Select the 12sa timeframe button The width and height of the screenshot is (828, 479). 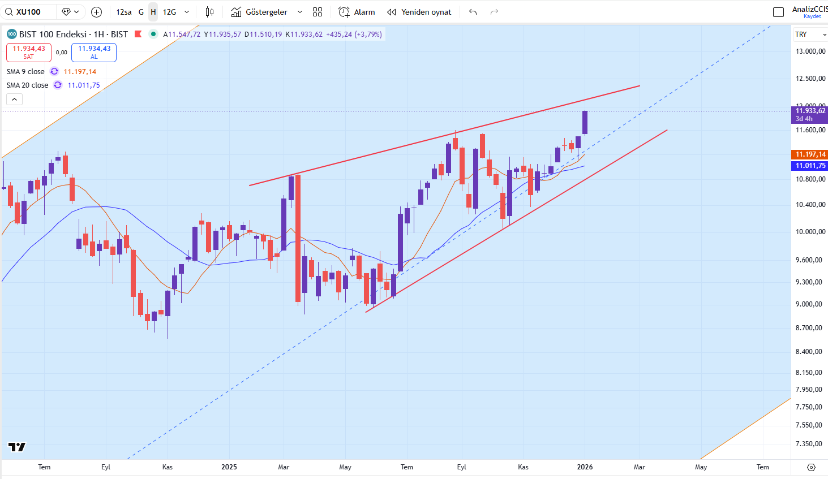123,12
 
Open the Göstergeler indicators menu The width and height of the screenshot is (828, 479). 266,12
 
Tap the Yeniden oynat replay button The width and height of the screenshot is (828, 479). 419,12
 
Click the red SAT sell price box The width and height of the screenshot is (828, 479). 29,52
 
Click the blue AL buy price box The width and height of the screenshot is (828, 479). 94,52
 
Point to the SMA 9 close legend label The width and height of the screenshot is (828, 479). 25,72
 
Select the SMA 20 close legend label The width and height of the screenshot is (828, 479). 27,85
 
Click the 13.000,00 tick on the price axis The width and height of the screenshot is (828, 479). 810,51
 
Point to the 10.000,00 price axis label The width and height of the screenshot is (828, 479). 810,232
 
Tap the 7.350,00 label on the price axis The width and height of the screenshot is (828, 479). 810,444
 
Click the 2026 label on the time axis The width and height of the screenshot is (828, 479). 585,467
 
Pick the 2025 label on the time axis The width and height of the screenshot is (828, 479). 229,467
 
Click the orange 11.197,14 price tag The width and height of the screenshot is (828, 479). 810,154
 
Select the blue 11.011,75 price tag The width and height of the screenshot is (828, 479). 810,166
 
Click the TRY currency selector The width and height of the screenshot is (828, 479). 810,34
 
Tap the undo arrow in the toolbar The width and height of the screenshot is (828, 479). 473,12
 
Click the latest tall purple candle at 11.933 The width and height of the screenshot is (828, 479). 585,122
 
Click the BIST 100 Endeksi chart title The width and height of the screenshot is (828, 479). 74,34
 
